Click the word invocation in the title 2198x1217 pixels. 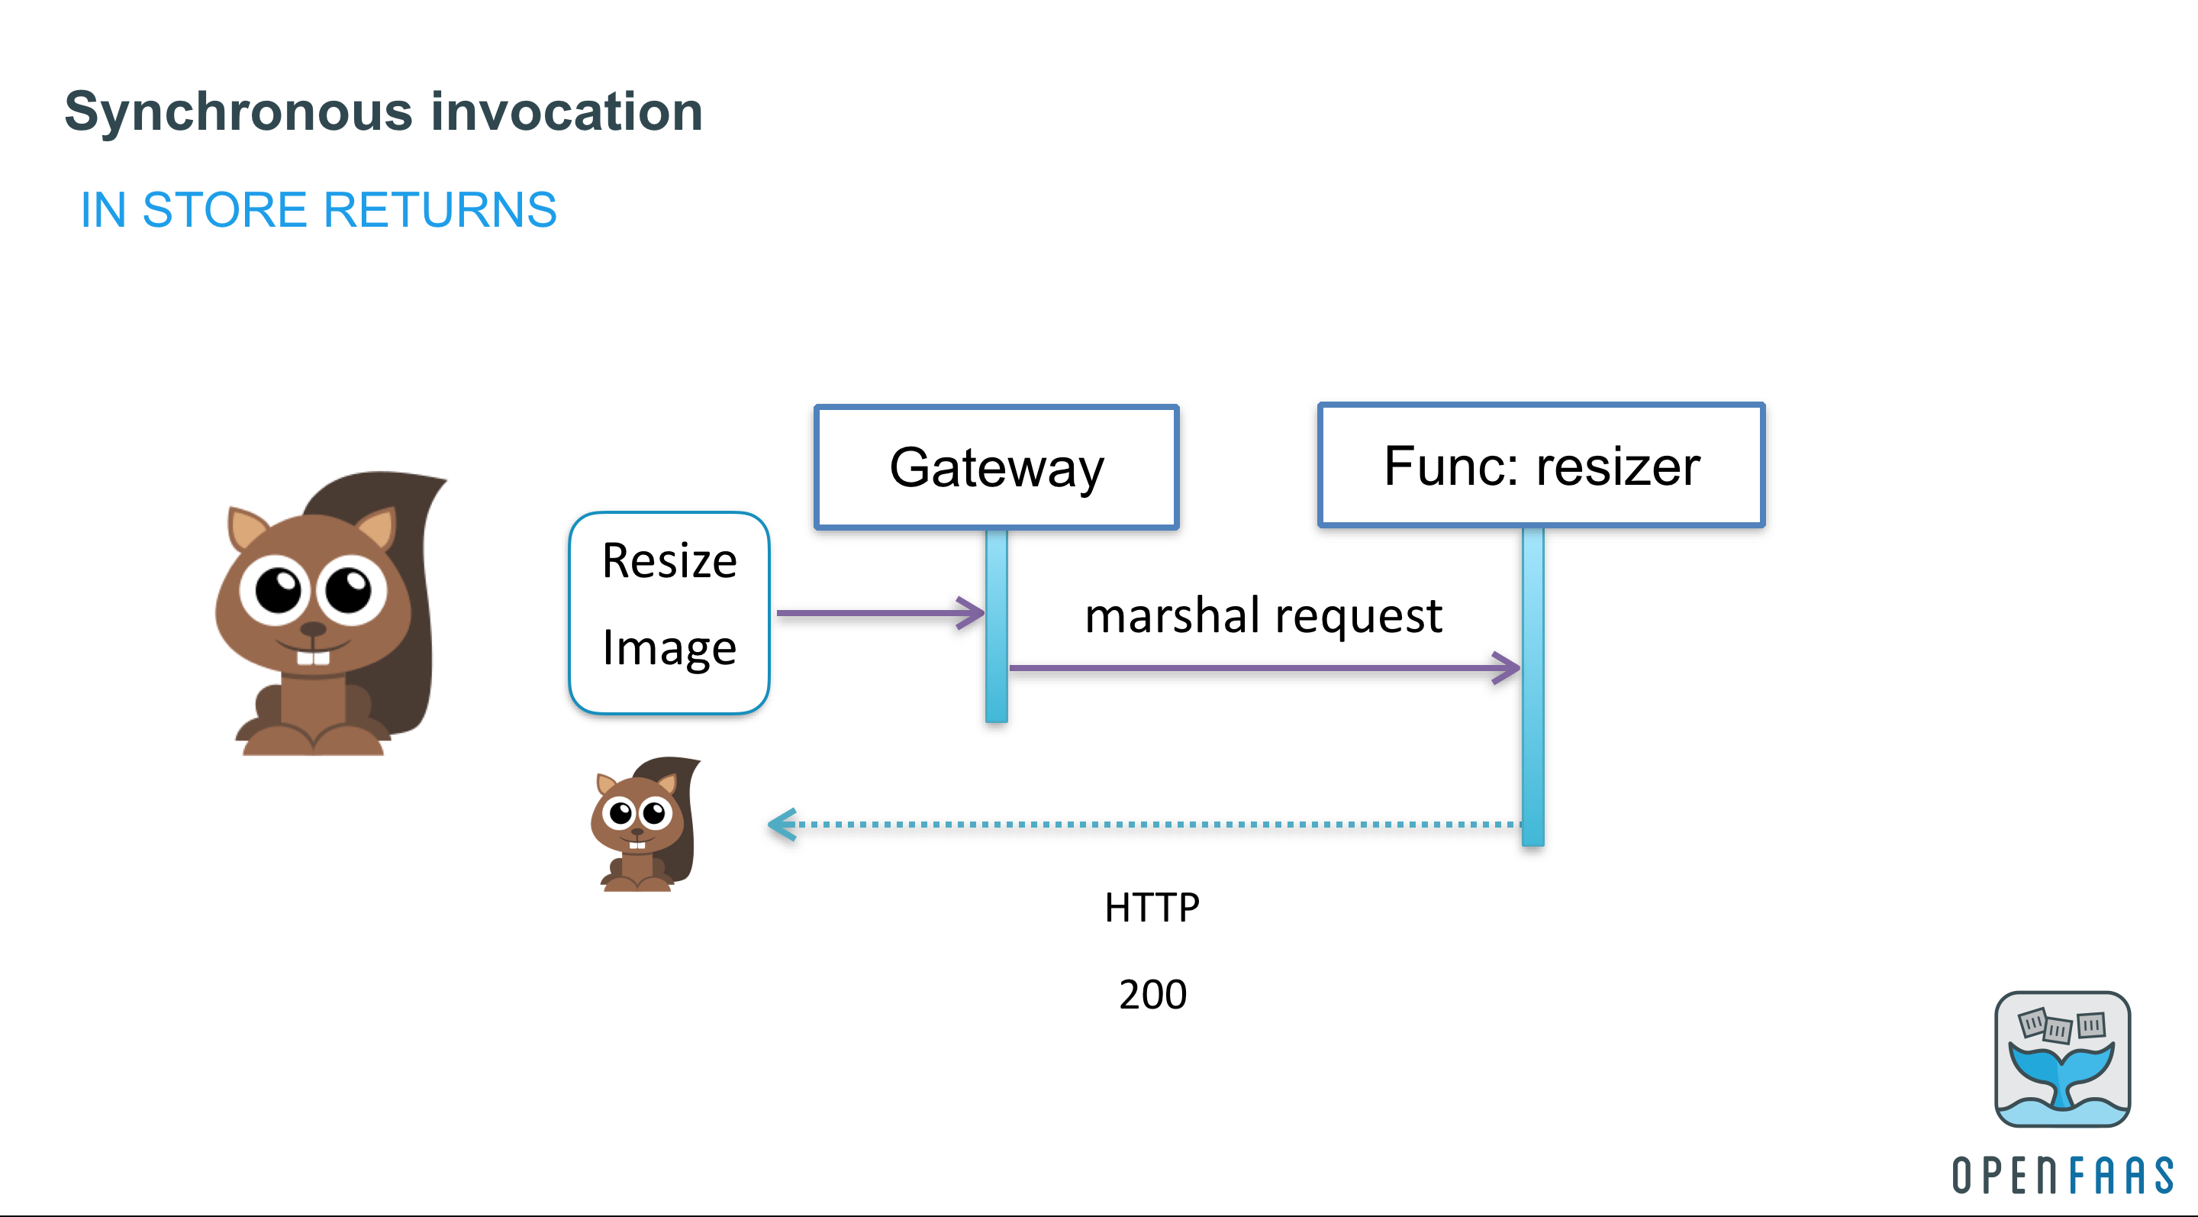coord(566,111)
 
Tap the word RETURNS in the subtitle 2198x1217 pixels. coord(440,210)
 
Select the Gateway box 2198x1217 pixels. coord(996,466)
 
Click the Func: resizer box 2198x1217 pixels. coord(1541,465)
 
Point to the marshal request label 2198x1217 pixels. coord(1263,615)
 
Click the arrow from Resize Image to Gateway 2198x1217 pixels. coord(879,613)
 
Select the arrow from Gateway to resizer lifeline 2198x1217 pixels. coord(1263,667)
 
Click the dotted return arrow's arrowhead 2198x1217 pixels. coord(782,825)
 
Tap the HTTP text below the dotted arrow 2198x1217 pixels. coord(1152,907)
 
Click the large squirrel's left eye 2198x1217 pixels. coord(278,589)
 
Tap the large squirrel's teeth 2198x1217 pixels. coord(313,657)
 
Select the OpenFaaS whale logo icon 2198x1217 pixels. coord(2061,1058)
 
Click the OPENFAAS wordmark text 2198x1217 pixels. coord(2062,1175)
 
